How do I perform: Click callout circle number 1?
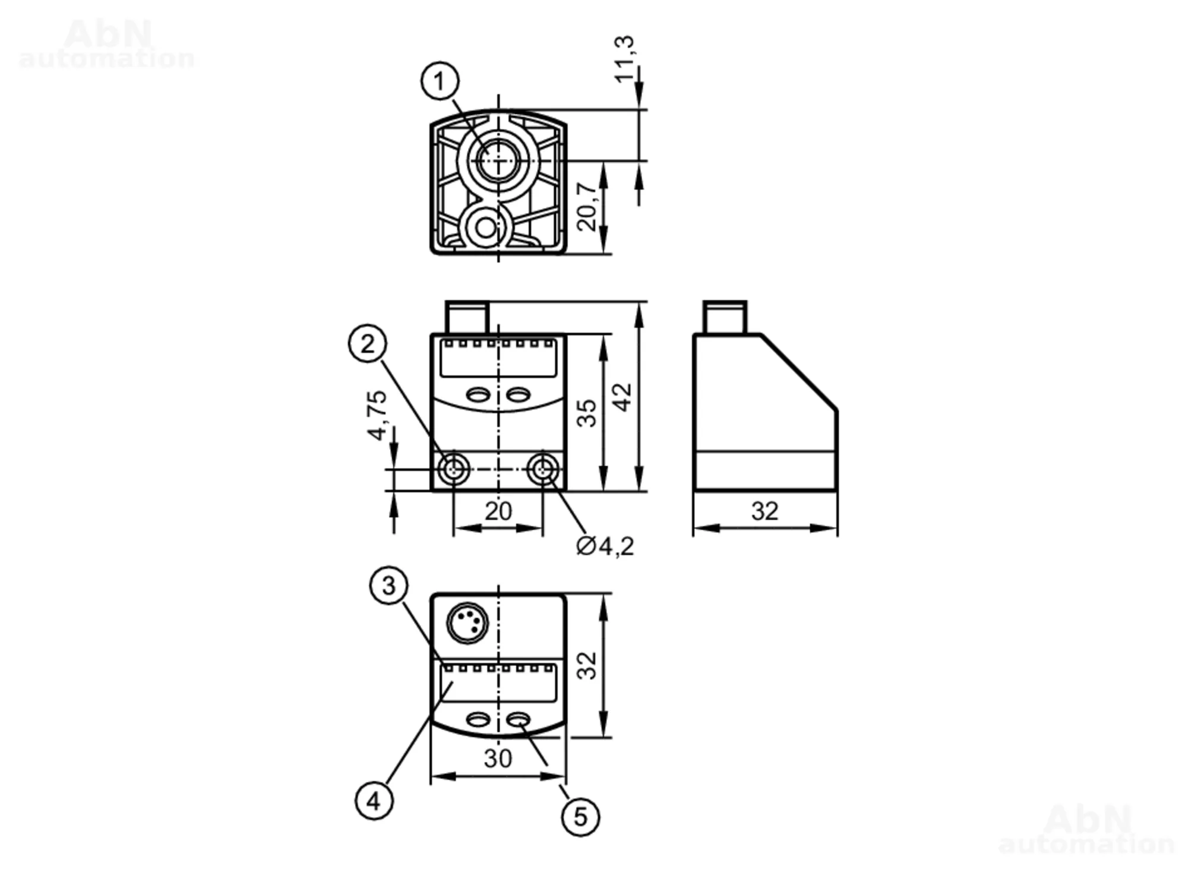(x=440, y=81)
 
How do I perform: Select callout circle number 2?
(x=367, y=343)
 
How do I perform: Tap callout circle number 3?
(x=388, y=586)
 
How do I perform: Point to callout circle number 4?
(x=374, y=801)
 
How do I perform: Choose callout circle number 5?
(x=580, y=817)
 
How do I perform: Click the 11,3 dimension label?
(x=624, y=59)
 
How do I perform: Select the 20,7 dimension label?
(x=587, y=206)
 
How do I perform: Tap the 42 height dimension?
(x=623, y=397)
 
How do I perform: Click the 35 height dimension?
(x=586, y=413)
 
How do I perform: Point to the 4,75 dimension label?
(x=377, y=415)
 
